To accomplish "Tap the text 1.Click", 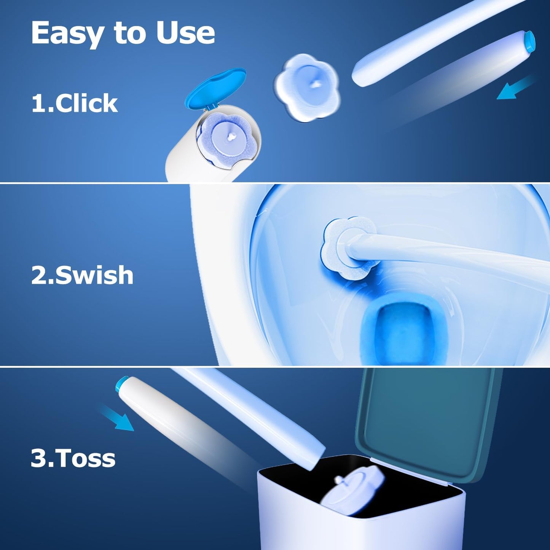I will (x=74, y=103).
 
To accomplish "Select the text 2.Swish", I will (x=82, y=275).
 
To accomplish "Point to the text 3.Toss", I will (x=73, y=458).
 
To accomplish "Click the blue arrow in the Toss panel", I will (x=117, y=418).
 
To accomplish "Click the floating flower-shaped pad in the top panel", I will (x=306, y=88).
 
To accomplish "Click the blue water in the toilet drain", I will (x=403, y=327).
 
